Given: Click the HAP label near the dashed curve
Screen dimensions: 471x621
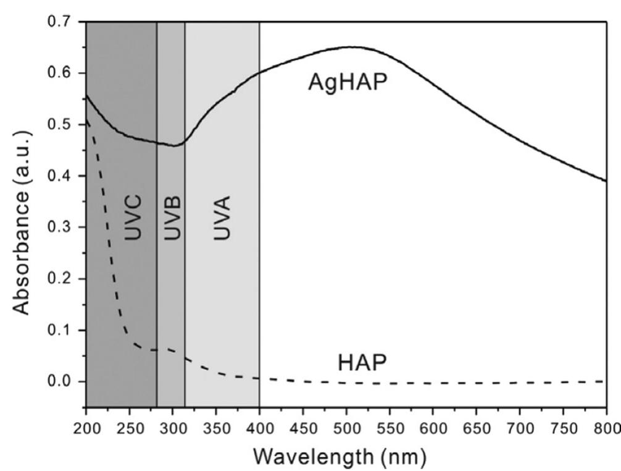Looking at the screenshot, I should (362, 363).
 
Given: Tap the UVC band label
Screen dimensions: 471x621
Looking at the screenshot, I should (133, 218).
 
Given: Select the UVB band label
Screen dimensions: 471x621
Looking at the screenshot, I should (172, 218).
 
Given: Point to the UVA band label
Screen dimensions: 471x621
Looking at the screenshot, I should (221, 218).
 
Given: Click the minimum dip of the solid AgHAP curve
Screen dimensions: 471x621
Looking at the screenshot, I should (177, 145).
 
